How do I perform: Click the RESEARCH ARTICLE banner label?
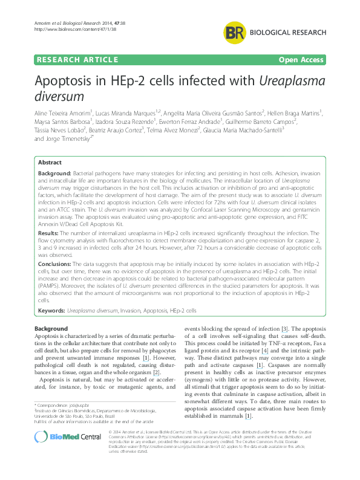click(77, 59)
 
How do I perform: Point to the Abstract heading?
click(50, 163)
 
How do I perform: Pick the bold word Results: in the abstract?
click(48, 232)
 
